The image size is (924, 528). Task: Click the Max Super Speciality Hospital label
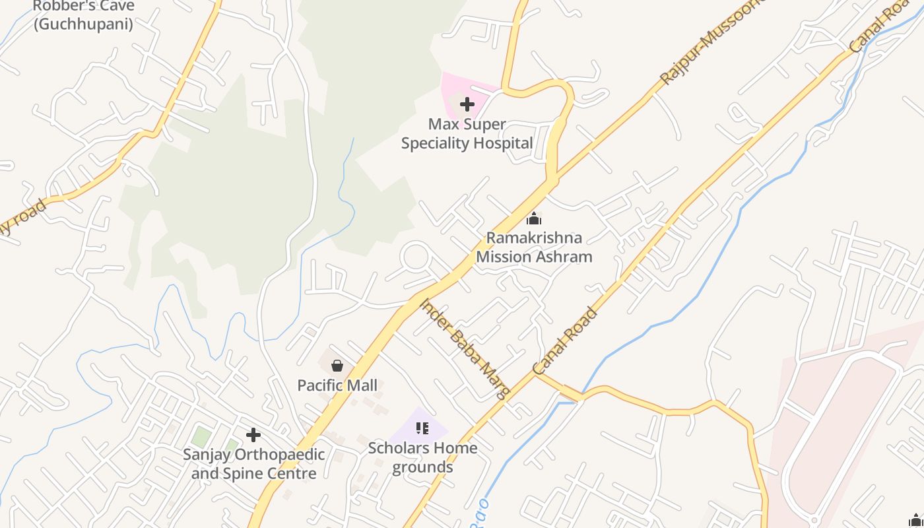467,133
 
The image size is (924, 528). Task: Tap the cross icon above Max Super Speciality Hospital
467,104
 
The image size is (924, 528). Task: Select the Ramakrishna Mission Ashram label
534,247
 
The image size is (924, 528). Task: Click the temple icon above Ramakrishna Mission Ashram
534,218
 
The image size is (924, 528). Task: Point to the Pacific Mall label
337,385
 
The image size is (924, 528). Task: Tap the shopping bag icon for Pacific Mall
337,365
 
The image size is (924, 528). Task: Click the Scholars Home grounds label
422,457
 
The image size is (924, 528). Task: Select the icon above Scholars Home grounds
422,428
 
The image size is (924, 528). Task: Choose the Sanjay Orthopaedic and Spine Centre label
254,464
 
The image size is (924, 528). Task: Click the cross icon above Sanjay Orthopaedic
253,435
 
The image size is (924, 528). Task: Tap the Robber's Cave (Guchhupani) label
83,15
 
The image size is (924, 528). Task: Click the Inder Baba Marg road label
467,349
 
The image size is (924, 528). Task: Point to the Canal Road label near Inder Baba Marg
565,341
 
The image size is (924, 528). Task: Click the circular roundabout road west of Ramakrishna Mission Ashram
416,257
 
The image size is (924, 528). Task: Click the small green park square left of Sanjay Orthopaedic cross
201,436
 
